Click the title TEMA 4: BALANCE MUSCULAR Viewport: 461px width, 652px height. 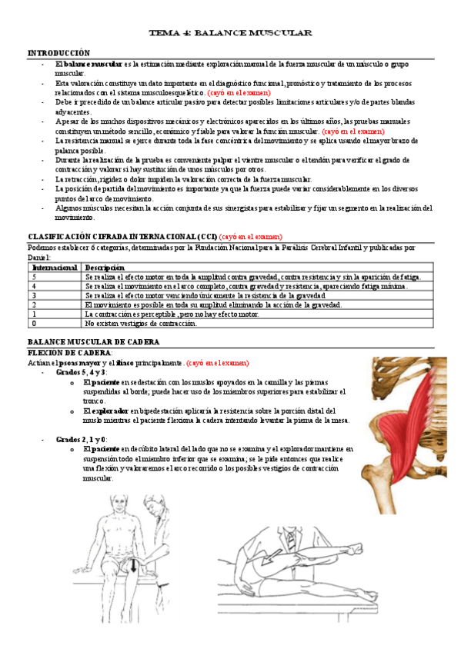click(x=230, y=34)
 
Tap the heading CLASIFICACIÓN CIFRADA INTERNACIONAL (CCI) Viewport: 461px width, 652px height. click(x=122, y=236)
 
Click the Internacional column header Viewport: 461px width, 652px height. click(x=53, y=268)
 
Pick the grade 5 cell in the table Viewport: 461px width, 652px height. click(x=34, y=277)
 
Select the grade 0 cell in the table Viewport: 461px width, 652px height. click(x=34, y=323)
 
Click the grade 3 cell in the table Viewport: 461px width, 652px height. click(x=34, y=295)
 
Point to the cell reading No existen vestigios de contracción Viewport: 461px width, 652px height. click(x=140, y=323)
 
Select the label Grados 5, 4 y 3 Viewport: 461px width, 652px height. click(x=82, y=371)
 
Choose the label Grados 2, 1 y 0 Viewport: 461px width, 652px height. click(x=82, y=439)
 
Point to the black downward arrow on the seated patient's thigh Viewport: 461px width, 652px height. click(x=134, y=567)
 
